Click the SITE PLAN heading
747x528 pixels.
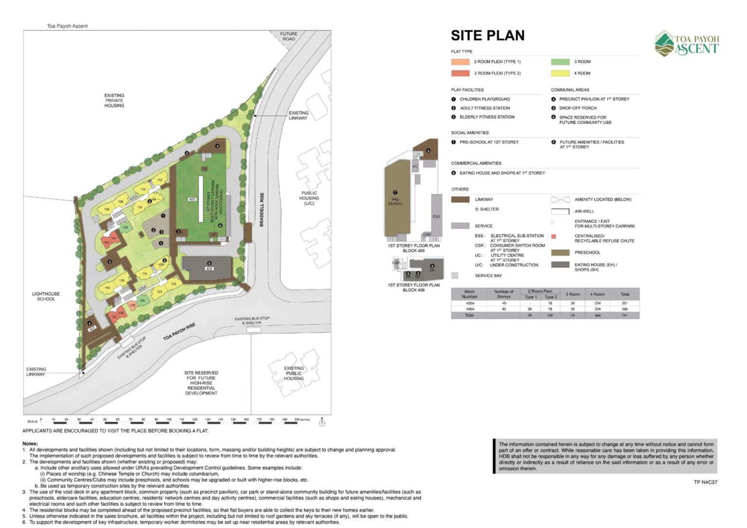coord(487,35)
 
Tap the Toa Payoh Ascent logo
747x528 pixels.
coord(686,43)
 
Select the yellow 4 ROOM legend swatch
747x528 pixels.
coord(560,73)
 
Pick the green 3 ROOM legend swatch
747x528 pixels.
coord(560,62)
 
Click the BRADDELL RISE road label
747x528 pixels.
coord(262,210)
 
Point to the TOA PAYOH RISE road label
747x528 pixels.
coord(179,331)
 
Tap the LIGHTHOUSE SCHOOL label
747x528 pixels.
coord(46,297)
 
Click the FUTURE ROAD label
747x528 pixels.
coord(288,36)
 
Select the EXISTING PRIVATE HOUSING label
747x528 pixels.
coord(114,101)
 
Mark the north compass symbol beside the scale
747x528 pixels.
coord(321,422)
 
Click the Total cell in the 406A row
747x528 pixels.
coord(624,309)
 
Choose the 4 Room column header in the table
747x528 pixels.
coord(598,294)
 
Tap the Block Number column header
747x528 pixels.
coord(469,294)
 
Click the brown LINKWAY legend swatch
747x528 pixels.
coord(460,199)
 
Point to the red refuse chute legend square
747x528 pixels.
coord(553,237)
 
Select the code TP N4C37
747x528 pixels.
coord(705,482)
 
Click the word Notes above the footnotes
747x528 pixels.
coord(30,443)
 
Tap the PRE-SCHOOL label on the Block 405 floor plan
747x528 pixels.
coord(395,201)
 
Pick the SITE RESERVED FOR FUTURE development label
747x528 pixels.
coord(201,383)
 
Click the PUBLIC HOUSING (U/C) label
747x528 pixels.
coord(309,198)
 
